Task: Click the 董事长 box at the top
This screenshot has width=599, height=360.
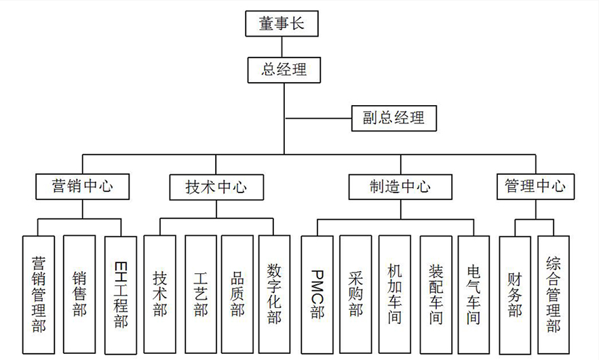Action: pos(282,25)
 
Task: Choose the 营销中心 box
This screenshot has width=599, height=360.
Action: pos(82,186)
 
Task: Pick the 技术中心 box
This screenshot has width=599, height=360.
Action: pos(216,186)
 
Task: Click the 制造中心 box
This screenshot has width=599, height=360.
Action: pos(400,186)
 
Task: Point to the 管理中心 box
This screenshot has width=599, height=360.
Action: pos(535,186)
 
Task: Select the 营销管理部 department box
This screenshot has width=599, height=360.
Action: pos(38,294)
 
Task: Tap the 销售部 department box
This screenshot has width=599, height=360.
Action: pos(79,294)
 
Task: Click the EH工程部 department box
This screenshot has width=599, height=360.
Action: pos(120,294)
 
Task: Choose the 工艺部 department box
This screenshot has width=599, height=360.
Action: pos(200,294)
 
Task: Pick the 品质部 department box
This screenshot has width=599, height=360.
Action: pos(237,294)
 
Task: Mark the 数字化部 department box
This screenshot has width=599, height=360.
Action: pos(274,294)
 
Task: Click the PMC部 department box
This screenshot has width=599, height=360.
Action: pos(317,294)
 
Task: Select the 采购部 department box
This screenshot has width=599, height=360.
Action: pos(355,294)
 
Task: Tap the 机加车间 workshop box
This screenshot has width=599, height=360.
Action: pos(394,294)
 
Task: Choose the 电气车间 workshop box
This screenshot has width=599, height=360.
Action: pos(474,294)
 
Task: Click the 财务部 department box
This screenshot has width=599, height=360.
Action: pos(515,294)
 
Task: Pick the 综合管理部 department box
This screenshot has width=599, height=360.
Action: pos(554,294)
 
